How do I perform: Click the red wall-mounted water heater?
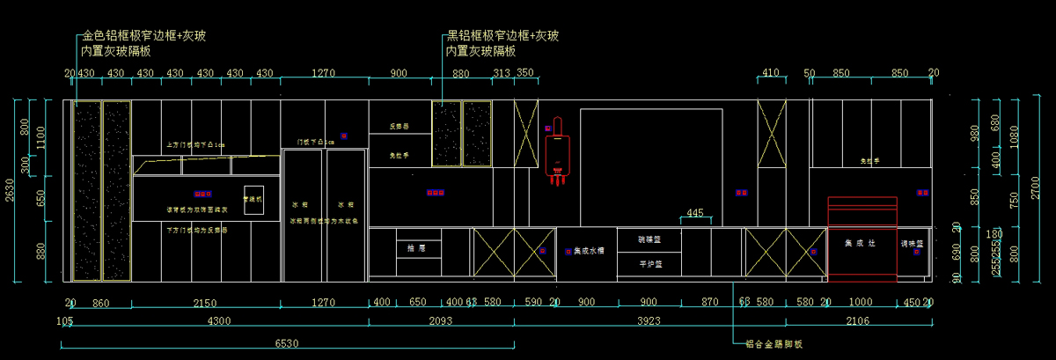click(x=555, y=151)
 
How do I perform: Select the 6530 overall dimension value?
click(x=288, y=342)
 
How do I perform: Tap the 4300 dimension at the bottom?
click(x=214, y=321)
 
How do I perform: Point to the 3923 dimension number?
click(x=648, y=321)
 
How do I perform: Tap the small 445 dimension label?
click(x=695, y=213)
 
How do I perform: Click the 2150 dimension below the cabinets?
click(x=206, y=303)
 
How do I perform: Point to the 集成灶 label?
click(x=861, y=243)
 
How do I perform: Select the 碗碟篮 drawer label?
click(x=649, y=239)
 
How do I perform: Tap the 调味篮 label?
click(x=913, y=244)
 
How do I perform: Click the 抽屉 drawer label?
click(x=416, y=249)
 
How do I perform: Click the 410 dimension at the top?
click(x=771, y=73)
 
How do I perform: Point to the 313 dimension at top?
click(x=502, y=73)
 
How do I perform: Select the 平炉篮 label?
click(x=649, y=263)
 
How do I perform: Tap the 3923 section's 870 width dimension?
click(x=710, y=303)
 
